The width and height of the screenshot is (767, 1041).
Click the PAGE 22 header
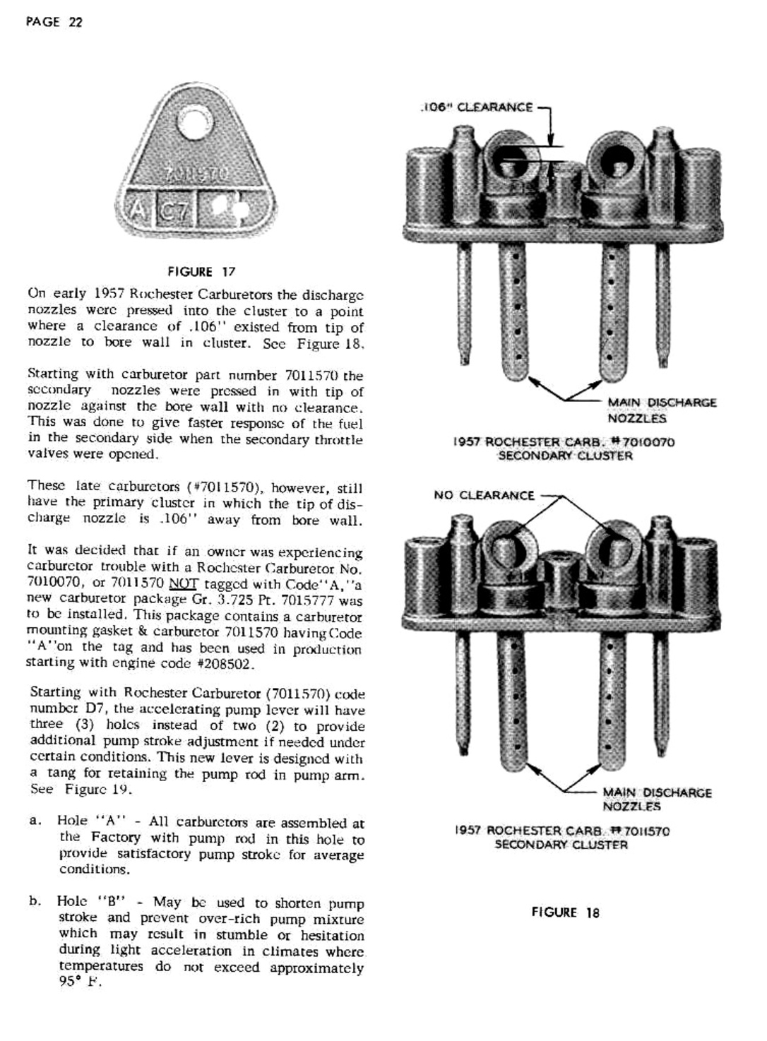click(x=54, y=22)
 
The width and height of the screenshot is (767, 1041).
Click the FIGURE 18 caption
click(x=565, y=912)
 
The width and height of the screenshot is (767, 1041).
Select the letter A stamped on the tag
click(x=136, y=210)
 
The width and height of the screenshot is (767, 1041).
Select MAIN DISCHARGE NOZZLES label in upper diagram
click(x=662, y=410)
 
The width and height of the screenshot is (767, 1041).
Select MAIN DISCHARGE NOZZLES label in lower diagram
click(x=657, y=799)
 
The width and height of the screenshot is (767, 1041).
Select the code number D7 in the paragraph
click(x=95, y=708)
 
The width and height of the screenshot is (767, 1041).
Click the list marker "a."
click(x=36, y=822)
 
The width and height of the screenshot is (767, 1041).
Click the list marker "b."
click(x=36, y=902)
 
